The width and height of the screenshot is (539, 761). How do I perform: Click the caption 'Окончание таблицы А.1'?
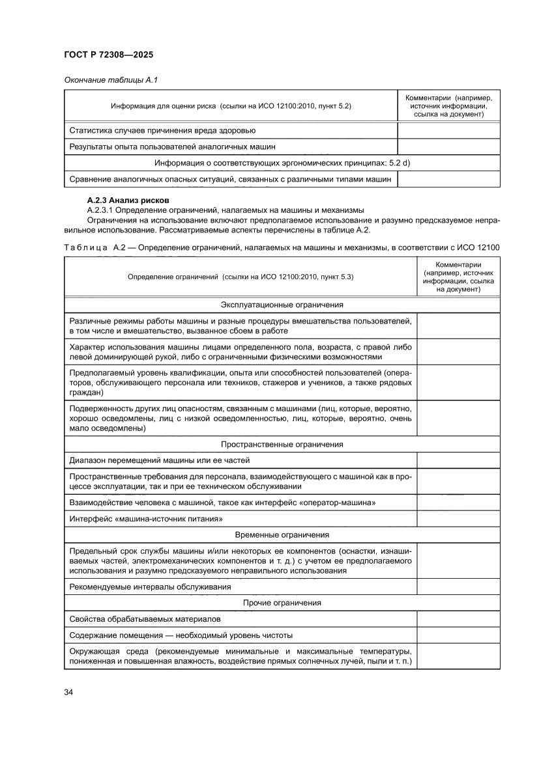tap(111, 80)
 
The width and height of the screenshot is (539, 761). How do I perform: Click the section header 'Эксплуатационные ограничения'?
tap(282, 305)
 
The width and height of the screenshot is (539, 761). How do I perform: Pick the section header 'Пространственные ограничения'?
tap(282, 444)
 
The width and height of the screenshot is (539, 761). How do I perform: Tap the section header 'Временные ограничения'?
tap(282, 534)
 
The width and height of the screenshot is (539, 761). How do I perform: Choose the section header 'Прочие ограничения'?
tap(282, 602)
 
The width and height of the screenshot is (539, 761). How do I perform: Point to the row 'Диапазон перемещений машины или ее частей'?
tap(160, 460)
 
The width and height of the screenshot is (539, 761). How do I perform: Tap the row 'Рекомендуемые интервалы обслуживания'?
tap(151, 587)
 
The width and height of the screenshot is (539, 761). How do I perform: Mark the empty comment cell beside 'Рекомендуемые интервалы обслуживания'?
tap(458, 587)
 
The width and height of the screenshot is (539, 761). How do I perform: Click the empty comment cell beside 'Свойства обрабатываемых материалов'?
tap(458, 618)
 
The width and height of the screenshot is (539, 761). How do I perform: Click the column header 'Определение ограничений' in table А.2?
tap(240, 277)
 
